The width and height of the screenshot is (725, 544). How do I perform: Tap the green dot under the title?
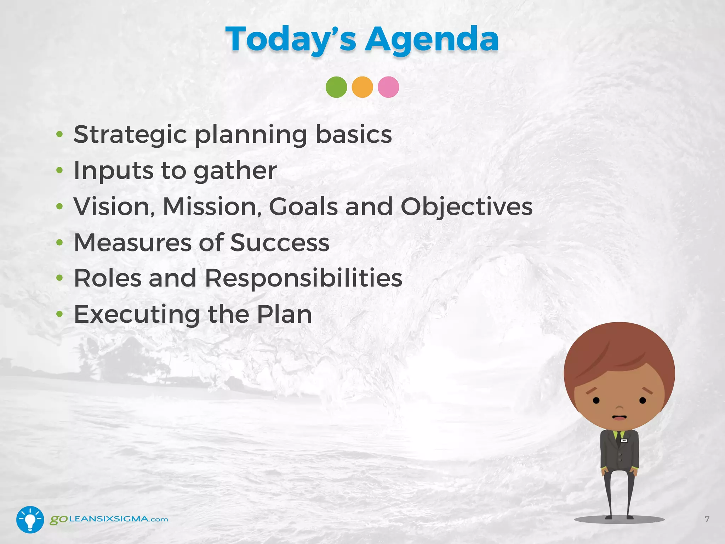click(336, 87)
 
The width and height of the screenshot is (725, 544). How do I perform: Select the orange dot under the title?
click(362, 87)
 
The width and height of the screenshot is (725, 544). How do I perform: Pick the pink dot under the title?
click(388, 87)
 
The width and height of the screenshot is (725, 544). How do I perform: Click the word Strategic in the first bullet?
click(130, 135)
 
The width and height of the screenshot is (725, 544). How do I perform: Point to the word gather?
click(235, 171)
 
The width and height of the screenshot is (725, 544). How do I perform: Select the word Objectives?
click(466, 207)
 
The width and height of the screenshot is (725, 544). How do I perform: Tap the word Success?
click(280, 243)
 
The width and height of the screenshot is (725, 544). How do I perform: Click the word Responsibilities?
click(303, 278)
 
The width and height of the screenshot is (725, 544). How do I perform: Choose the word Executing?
click(137, 314)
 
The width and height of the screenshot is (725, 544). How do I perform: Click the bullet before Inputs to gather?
click(59, 171)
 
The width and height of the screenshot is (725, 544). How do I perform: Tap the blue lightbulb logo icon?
click(30, 520)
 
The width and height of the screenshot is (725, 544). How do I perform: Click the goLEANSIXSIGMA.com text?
click(109, 520)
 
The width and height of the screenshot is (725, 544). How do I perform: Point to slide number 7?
click(707, 520)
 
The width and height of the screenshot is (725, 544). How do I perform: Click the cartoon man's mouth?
click(620, 418)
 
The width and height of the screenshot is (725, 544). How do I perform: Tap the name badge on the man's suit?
click(624, 441)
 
